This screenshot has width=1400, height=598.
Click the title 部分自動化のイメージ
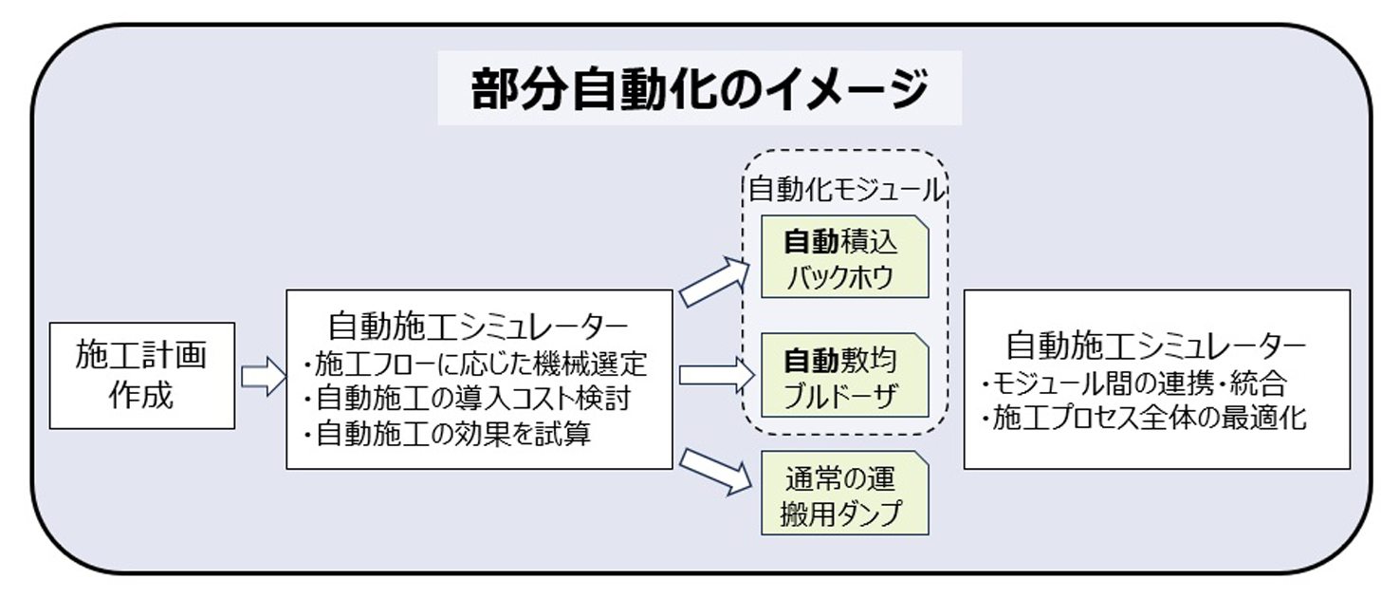tap(699, 89)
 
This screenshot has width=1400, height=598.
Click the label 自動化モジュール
tap(847, 190)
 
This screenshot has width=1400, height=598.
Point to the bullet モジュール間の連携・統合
tap(1138, 384)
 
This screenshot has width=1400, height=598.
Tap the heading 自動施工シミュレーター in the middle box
tap(479, 327)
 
